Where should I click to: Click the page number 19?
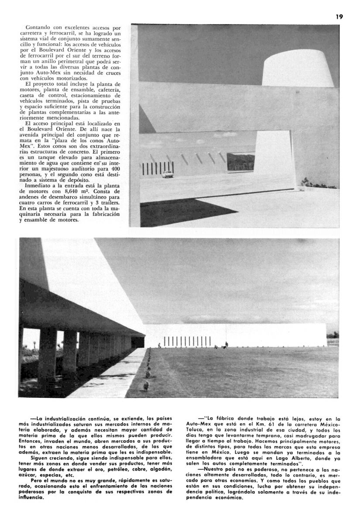(x=339, y=17)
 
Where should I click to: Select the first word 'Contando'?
(x=38, y=27)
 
